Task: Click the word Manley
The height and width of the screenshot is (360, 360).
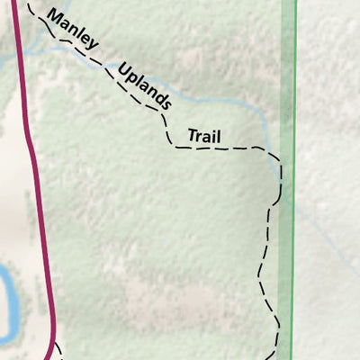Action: (72, 31)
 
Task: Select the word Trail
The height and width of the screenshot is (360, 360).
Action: (204, 137)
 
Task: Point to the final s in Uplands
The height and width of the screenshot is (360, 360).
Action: (165, 104)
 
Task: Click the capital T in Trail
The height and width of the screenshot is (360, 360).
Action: (191, 136)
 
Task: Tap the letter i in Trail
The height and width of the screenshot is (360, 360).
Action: (214, 137)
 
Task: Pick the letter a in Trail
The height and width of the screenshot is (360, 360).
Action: (207, 138)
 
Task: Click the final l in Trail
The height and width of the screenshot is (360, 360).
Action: (219, 137)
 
